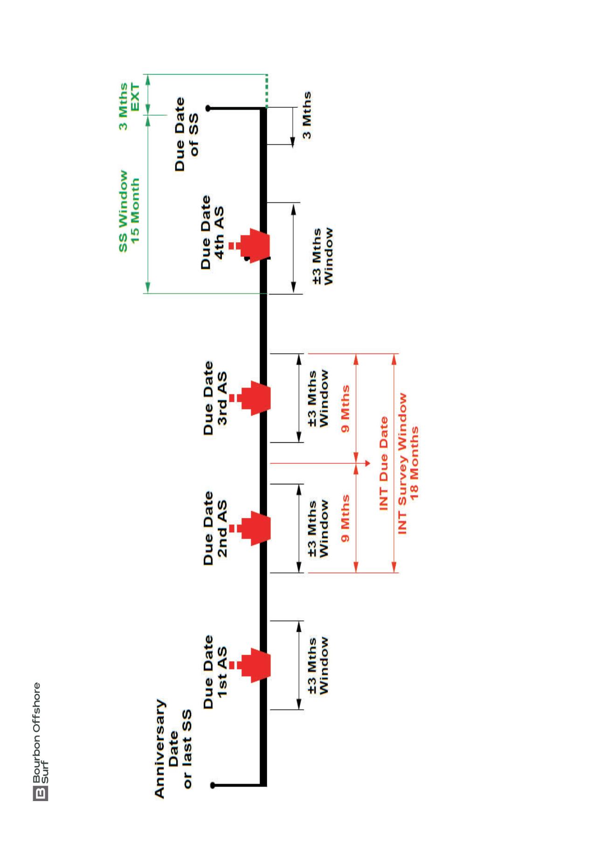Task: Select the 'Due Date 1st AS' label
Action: [215, 672]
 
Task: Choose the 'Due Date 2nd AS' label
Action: [215, 528]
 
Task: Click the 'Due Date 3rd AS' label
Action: [215, 398]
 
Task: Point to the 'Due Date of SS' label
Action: [186, 134]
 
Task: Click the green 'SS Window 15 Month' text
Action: [129, 211]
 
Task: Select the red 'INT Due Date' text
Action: [384, 463]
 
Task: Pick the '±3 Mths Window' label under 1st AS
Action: [318, 665]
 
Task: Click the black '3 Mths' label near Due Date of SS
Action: [306, 115]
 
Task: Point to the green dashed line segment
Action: [266, 91]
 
